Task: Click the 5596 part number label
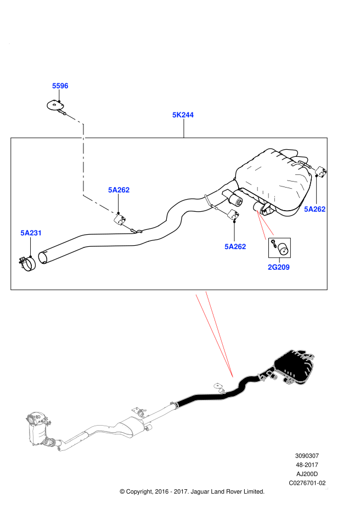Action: point(60,86)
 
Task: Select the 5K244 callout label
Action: point(183,115)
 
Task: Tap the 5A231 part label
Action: point(31,233)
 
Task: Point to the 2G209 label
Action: point(279,267)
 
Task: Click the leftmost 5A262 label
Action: point(119,190)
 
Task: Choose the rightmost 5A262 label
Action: point(315,209)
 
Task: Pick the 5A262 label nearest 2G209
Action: point(235,247)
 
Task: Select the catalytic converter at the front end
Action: point(40,428)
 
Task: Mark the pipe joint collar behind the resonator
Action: point(174,405)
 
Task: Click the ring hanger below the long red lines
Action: point(218,388)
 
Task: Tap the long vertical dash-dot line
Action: point(83,159)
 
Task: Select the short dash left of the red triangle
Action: point(222,212)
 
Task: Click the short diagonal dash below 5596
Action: point(74,118)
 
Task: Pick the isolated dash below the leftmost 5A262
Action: point(126,227)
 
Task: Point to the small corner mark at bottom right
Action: point(327,488)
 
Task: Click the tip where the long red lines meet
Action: point(233,377)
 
